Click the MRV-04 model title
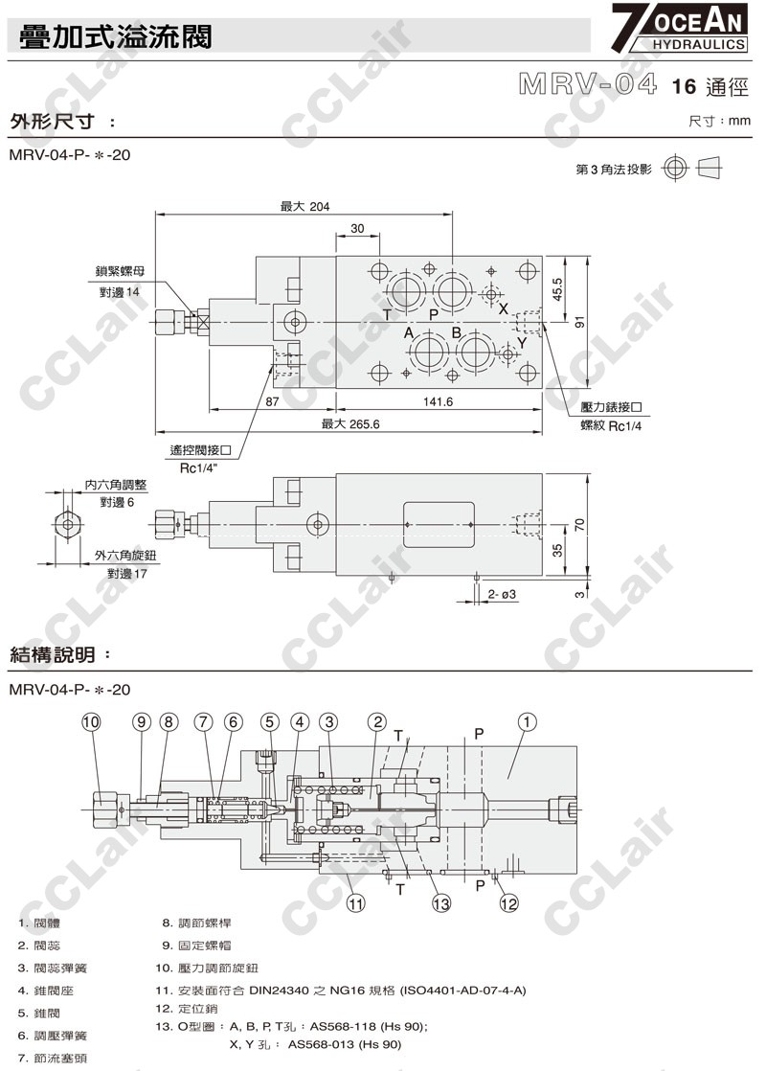pos(589,85)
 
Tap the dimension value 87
pos(273,403)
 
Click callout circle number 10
pos(91,722)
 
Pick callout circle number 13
pos(440,901)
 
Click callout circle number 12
pos(508,901)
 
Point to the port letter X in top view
pos(504,308)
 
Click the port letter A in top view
pos(408,333)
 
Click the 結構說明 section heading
pos(54,655)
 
